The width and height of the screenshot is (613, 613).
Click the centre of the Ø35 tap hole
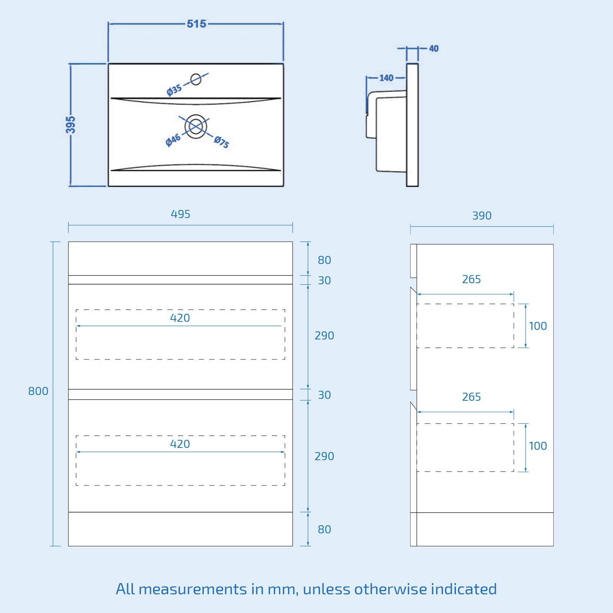pos(196,79)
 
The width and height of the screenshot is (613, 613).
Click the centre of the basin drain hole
pos(196,126)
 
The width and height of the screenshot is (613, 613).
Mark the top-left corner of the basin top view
pos(108,64)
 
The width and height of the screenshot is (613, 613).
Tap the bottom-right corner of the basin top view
pos(284,186)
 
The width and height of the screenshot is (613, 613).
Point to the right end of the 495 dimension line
pos(293,225)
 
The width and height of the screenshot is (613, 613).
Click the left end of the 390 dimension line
pos(410,226)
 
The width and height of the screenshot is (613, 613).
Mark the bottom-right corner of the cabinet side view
pos(553,546)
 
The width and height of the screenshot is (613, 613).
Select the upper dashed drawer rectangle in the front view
pos(180,334)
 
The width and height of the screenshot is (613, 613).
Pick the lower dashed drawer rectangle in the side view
pos(465,447)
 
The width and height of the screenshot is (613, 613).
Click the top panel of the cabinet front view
pos(180,258)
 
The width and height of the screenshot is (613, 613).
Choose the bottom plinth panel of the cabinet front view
pos(180,529)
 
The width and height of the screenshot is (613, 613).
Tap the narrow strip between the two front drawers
pos(180,394)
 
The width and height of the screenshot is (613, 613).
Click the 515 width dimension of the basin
pos(197,24)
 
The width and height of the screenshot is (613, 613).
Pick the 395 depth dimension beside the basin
pos(70,125)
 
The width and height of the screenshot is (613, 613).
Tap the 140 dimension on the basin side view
pos(386,78)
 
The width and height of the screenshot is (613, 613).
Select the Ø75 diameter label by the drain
pos(221,142)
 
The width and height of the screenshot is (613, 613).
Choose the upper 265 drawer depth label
pos(471,279)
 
